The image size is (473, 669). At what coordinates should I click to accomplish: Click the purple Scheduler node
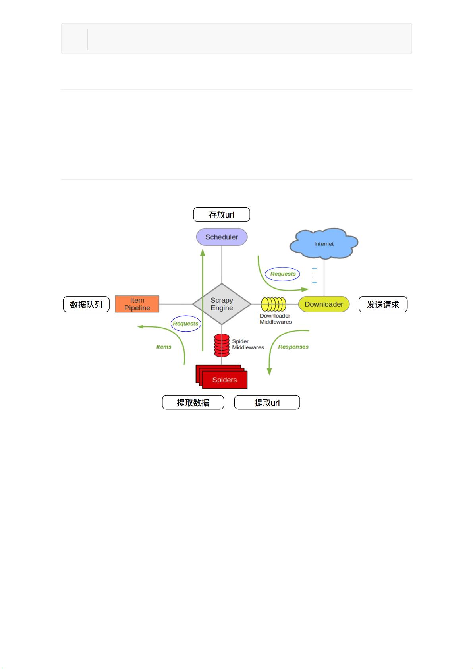point(222,237)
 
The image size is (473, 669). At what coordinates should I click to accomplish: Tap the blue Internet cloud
point(324,243)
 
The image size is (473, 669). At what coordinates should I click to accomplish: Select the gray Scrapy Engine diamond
point(222,304)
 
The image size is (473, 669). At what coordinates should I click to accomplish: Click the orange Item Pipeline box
point(137,304)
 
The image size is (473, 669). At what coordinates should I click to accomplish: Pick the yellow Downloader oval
point(324,304)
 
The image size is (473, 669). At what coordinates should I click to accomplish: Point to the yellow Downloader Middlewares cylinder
point(274,305)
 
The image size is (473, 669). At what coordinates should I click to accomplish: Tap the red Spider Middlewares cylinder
point(222,345)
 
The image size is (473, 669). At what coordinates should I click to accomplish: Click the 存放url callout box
point(221,214)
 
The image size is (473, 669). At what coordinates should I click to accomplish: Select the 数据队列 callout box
point(86,305)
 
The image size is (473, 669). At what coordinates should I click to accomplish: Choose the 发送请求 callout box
point(383,305)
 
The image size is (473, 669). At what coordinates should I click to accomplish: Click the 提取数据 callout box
point(193,403)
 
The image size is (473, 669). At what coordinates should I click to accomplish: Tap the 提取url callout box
point(267,403)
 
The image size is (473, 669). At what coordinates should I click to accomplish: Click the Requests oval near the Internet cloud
point(283,274)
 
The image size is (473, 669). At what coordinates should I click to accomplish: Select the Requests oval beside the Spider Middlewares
point(185,324)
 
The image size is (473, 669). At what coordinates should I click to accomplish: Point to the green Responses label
point(293,347)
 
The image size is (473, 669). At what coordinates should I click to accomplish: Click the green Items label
point(164,347)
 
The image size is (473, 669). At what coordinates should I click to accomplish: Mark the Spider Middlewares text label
point(248,345)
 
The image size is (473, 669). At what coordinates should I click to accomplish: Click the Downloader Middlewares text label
point(276,319)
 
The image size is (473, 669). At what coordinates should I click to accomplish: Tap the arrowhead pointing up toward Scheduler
point(203,253)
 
